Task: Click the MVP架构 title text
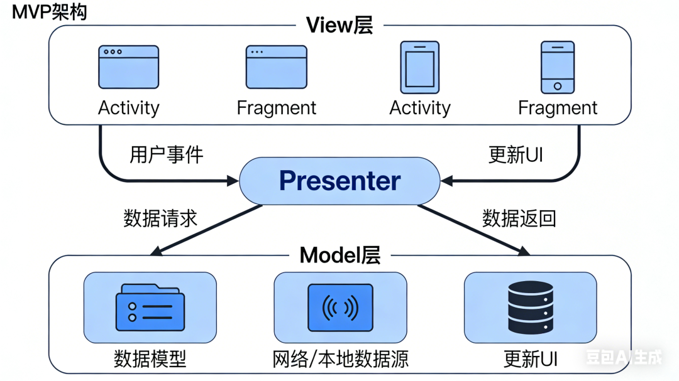point(50,12)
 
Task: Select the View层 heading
point(339,25)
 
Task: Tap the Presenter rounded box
point(339,181)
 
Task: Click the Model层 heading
point(339,255)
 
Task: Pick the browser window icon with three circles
point(128,67)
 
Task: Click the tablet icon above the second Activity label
point(419,67)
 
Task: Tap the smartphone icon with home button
point(558,67)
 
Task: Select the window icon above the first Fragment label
point(276,67)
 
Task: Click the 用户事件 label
point(167,154)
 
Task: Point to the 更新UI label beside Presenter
point(516,154)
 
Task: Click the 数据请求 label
point(160,218)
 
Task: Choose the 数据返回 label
point(519,218)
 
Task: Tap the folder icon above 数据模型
point(150,308)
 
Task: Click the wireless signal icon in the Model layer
point(340,308)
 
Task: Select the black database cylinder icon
point(530,308)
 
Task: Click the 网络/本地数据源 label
point(340,359)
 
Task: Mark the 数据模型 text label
point(150,359)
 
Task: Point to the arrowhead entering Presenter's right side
point(447,181)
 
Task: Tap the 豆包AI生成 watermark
point(624,358)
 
